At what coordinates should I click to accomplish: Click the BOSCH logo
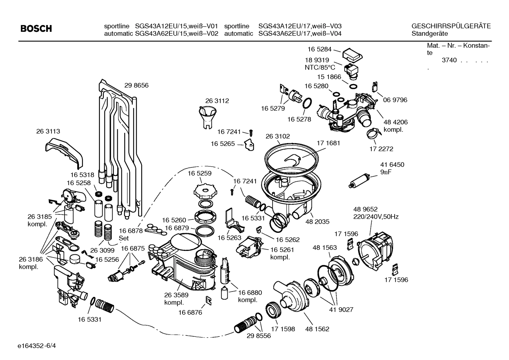point(36,29)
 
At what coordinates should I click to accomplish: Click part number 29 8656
point(136,85)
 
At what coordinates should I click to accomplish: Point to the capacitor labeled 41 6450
point(359,180)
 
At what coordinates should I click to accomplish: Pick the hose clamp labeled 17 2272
point(373,134)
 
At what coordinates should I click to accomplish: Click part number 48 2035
point(317,222)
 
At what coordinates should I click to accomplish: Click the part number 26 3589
point(176,295)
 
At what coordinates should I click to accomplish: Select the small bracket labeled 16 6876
point(209,300)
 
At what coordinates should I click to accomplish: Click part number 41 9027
point(341,310)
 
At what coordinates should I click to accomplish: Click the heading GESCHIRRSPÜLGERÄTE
point(451,26)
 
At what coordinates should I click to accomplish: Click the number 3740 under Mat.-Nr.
point(449,60)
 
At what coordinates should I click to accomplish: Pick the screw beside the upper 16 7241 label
point(251,132)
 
